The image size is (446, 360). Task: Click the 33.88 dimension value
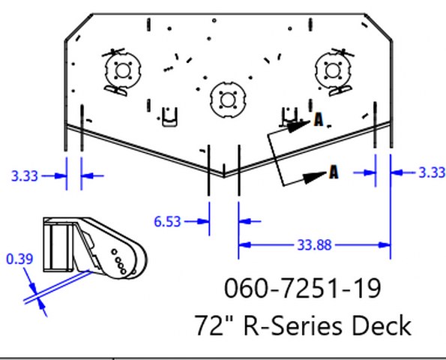(x=313, y=244)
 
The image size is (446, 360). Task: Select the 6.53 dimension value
(x=167, y=221)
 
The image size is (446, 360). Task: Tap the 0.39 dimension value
(x=19, y=259)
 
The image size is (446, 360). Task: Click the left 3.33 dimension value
(x=25, y=175)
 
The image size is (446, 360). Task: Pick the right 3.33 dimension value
(x=431, y=172)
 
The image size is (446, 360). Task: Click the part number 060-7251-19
(x=302, y=288)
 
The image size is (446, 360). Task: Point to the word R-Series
(x=295, y=325)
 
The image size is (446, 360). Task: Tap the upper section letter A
(x=319, y=119)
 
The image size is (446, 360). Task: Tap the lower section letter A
(x=334, y=173)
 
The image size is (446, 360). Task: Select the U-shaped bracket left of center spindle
(x=170, y=116)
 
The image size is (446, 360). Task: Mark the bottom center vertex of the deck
(x=223, y=172)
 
